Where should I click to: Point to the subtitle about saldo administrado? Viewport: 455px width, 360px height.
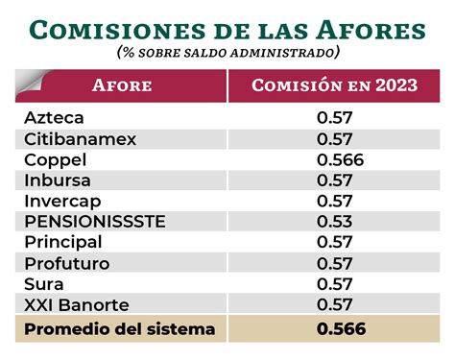(x=227, y=52)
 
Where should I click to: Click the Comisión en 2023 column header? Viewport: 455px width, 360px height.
(x=334, y=85)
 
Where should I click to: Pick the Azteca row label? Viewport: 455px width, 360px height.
(x=54, y=118)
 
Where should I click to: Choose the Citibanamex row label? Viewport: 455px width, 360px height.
(x=80, y=139)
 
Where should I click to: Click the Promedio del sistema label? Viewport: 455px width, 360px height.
(x=119, y=330)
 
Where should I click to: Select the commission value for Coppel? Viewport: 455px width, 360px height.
(x=340, y=159)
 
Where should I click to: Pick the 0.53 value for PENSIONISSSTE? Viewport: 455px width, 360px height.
(x=335, y=222)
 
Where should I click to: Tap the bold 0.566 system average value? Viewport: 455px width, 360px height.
(x=340, y=330)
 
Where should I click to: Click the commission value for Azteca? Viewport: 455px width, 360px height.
(x=335, y=118)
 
